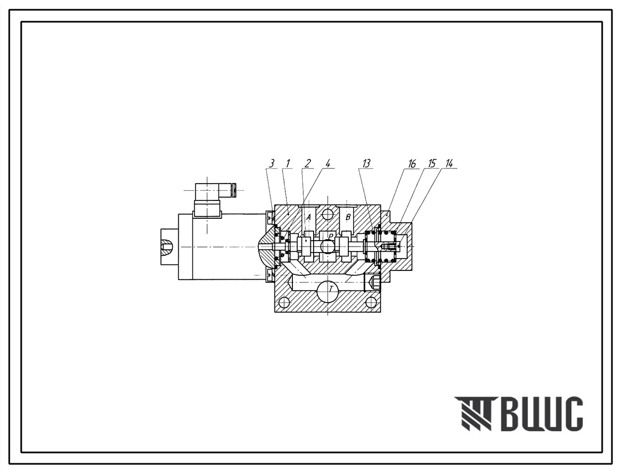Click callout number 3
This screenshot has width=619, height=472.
(271, 163)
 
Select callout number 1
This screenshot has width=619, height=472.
(288, 163)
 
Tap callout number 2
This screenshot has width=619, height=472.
(308, 163)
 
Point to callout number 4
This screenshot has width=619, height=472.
(327, 163)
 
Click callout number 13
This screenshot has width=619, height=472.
(366, 163)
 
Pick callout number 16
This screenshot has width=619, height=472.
(412, 163)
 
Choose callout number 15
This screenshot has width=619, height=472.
(432, 163)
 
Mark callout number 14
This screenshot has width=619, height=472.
(449, 163)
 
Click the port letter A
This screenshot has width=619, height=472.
(309, 217)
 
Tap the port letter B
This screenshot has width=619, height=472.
(348, 217)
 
